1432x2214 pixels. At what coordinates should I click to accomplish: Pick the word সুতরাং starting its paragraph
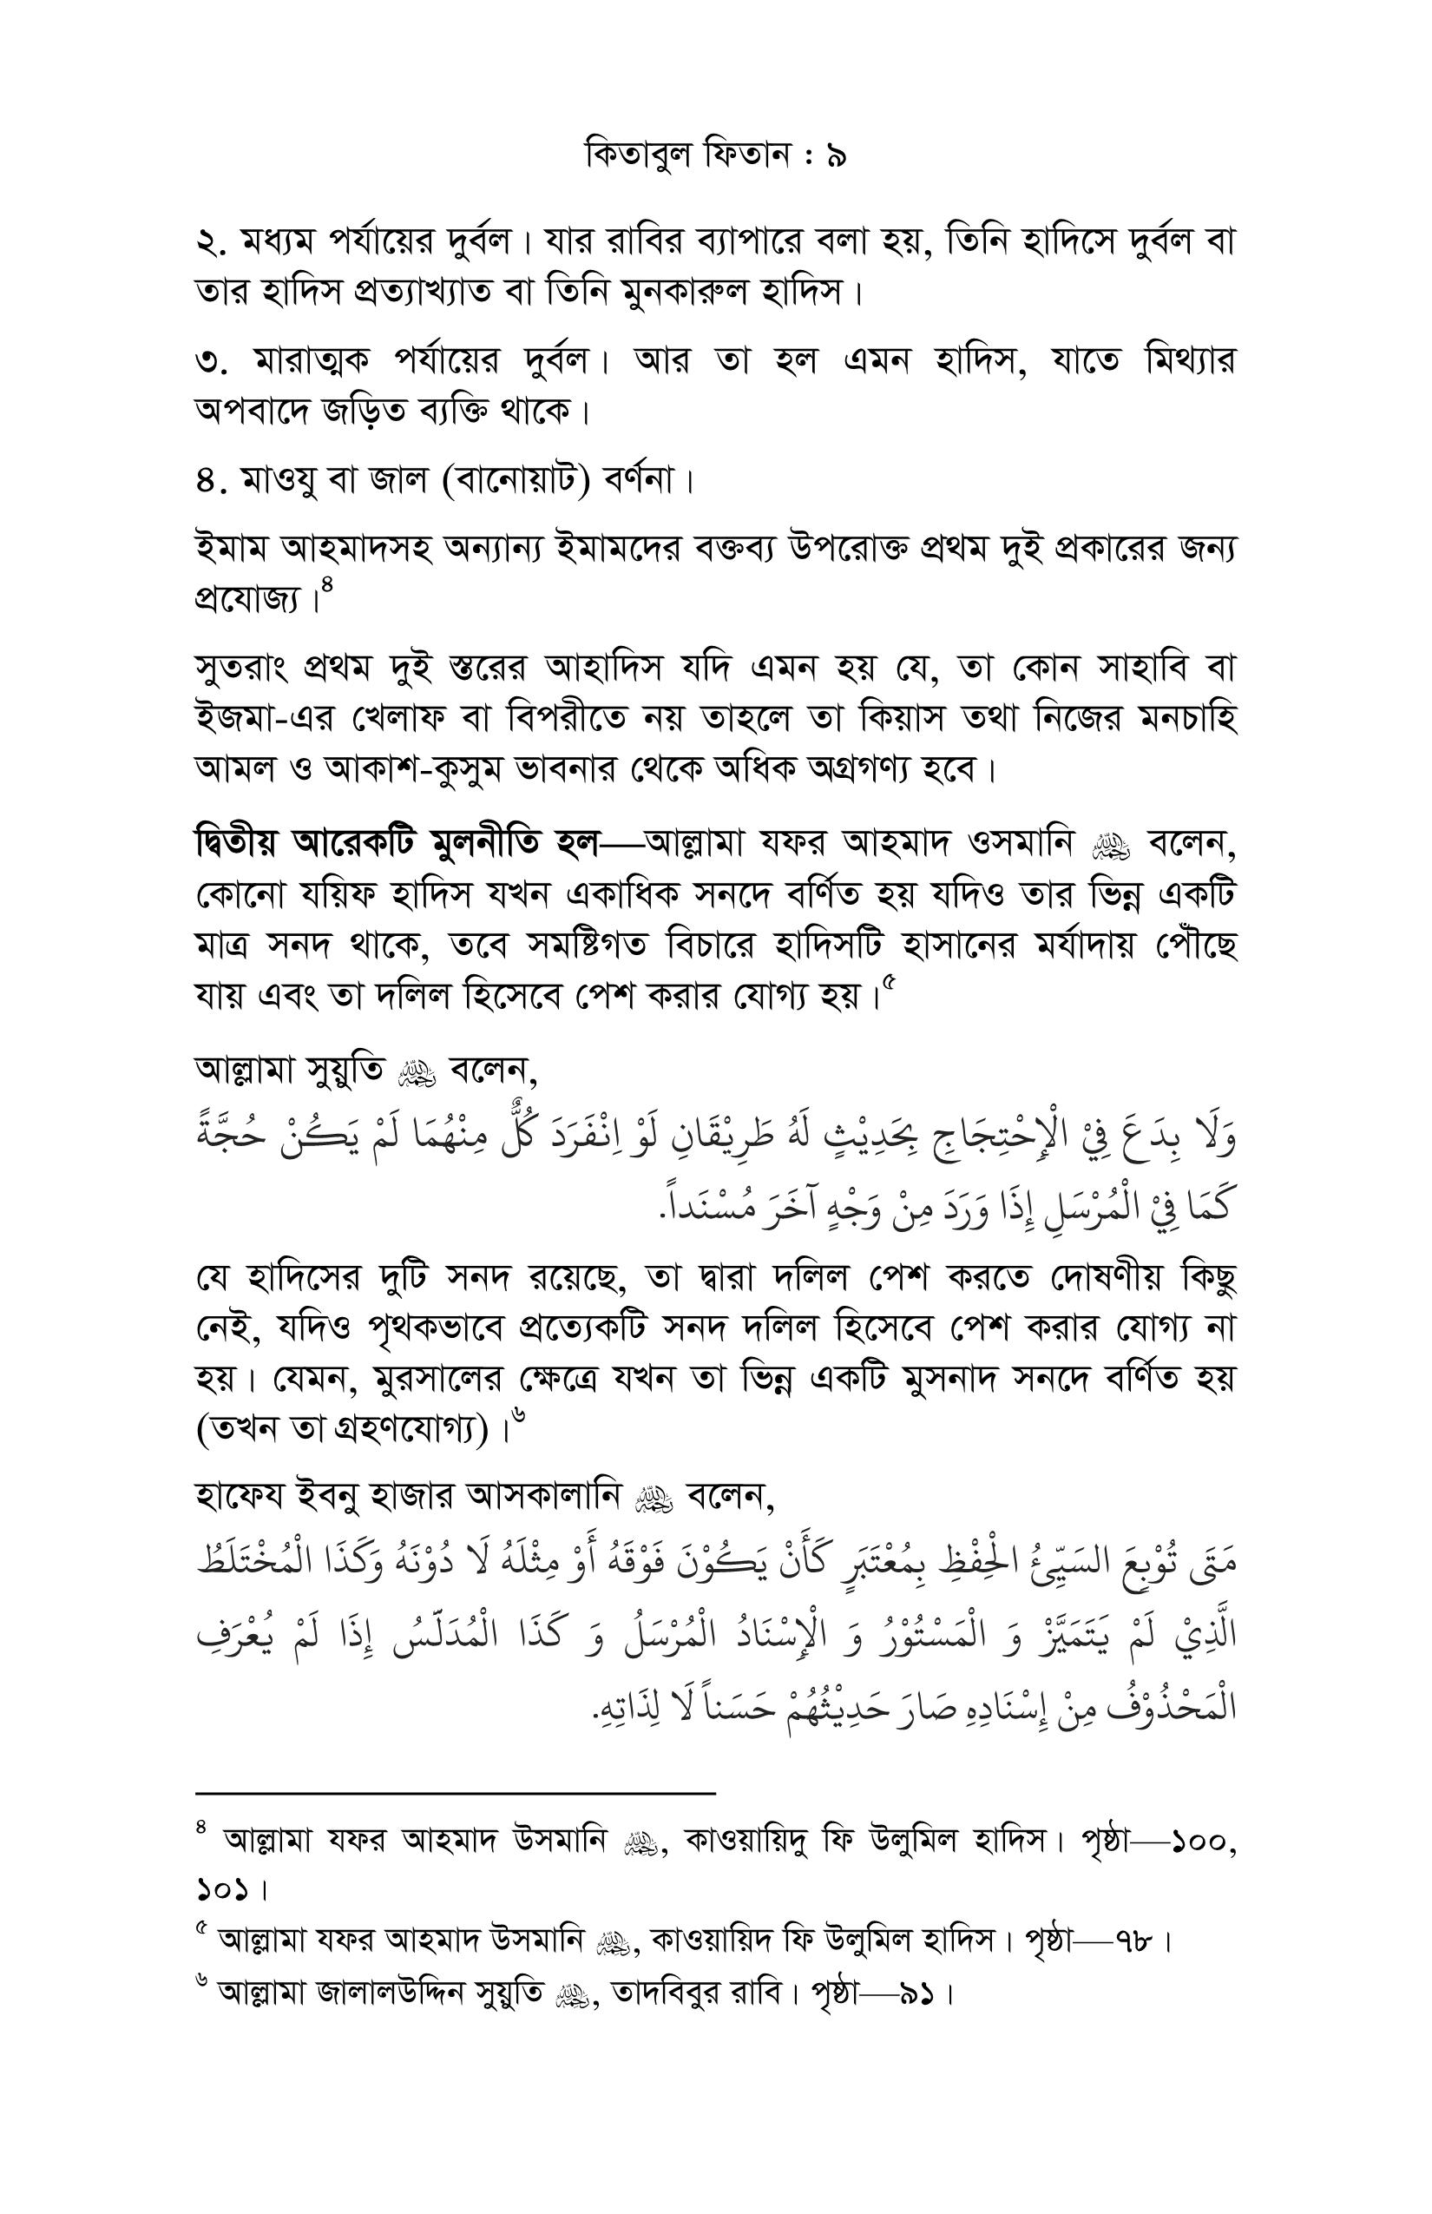pyautogui.click(x=244, y=669)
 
